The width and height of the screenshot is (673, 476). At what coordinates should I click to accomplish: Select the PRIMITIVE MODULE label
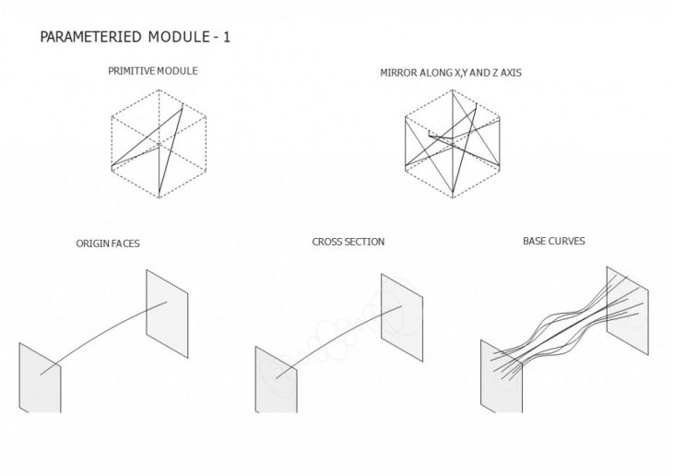coord(153,71)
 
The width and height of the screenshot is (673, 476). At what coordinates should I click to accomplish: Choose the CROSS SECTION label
coord(348,242)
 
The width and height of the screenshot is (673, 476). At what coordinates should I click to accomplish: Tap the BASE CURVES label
coord(553,242)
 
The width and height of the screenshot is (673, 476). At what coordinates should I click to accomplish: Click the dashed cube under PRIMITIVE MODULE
coord(158,144)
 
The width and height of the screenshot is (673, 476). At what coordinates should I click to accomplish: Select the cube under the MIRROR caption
coord(455,144)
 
